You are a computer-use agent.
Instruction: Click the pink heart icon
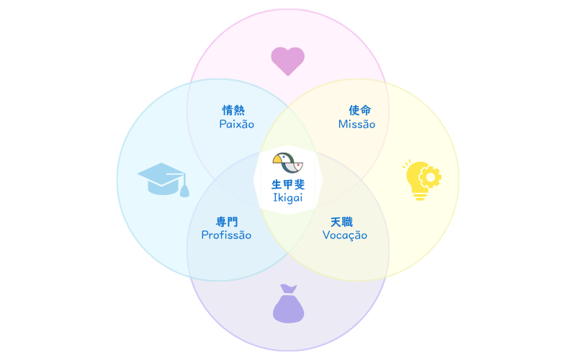tap(287, 61)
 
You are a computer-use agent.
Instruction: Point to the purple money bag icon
tap(288, 304)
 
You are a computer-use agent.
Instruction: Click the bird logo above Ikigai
tap(288, 163)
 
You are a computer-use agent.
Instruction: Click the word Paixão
tap(237, 125)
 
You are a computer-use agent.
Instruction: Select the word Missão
tap(357, 125)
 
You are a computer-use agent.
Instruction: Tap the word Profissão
tap(226, 235)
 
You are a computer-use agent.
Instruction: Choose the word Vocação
tap(345, 235)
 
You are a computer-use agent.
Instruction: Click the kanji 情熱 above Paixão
tap(233, 110)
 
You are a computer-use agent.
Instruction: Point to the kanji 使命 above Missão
tap(360, 110)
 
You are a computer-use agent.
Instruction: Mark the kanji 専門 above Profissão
tap(227, 222)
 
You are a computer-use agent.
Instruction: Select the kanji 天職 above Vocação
tap(342, 222)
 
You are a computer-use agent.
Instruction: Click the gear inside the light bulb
tap(431, 176)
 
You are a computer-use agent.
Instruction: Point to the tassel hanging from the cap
tap(184, 189)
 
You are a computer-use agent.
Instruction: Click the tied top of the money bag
tap(288, 289)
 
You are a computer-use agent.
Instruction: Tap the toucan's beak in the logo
tap(280, 158)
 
